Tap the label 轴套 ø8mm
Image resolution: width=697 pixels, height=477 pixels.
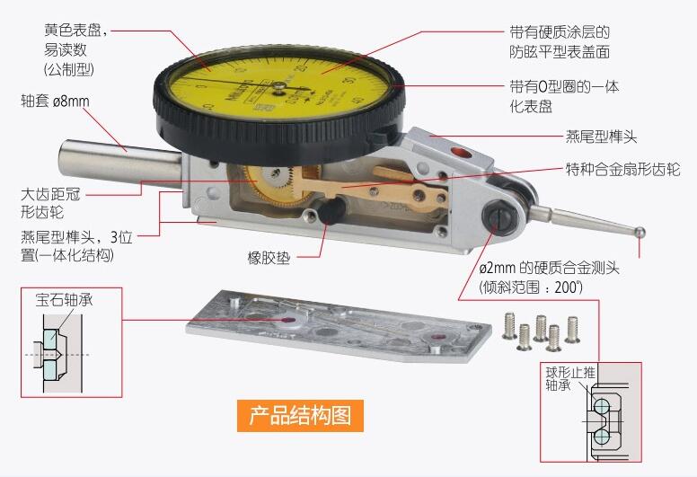pos(56,101)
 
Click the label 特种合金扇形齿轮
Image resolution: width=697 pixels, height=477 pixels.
pos(622,170)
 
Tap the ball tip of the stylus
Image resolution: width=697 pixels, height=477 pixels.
pos(640,231)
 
